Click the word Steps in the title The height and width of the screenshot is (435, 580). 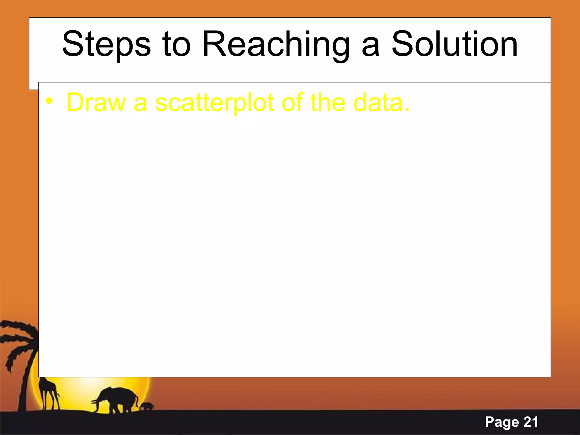click(x=106, y=45)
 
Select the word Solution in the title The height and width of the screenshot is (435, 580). click(x=455, y=45)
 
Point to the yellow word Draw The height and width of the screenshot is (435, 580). click(x=96, y=103)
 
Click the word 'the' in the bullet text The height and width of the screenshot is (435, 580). click(x=328, y=103)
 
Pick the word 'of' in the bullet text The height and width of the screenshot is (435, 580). click(x=293, y=103)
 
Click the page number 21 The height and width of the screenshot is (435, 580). click(x=531, y=422)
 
